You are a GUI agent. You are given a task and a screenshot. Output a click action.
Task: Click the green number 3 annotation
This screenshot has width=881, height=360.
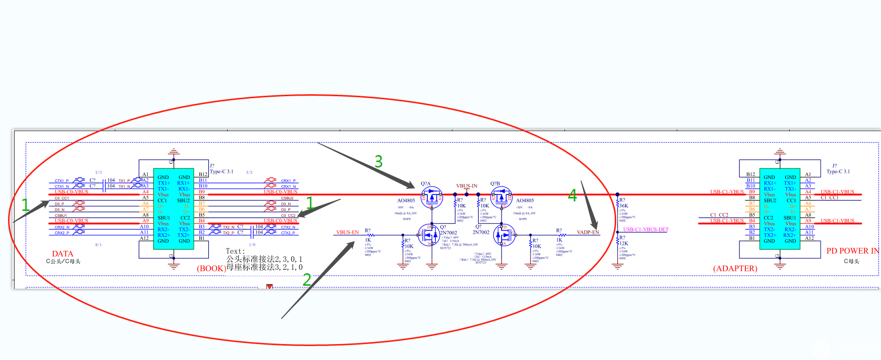[378, 161]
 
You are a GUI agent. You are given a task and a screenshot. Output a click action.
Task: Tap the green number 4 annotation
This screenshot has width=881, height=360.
[572, 195]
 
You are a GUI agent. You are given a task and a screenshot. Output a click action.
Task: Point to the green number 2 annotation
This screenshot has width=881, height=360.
[307, 279]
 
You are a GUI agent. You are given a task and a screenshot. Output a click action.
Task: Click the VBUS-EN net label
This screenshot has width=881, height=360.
[347, 232]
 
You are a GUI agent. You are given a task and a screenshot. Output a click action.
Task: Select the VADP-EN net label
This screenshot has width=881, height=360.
[588, 232]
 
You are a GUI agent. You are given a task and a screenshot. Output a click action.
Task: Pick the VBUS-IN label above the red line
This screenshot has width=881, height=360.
[467, 186]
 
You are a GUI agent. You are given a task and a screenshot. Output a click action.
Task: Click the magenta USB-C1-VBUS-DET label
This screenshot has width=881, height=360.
[646, 229]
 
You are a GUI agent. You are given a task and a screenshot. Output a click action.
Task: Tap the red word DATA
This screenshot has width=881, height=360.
[62, 254]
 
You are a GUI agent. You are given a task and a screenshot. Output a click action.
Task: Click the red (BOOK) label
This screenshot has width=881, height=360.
[211, 268]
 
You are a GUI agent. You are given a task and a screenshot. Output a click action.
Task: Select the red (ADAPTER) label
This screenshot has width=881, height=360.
[735, 268]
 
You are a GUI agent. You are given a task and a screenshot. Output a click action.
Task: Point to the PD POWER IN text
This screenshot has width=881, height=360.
[852, 251]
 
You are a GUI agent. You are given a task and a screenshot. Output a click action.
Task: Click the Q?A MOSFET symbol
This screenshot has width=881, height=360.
[432, 197]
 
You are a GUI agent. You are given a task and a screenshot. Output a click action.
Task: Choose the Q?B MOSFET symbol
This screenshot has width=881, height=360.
[501, 197]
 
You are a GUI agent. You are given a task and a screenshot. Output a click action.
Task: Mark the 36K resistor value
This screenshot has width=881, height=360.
[624, 205]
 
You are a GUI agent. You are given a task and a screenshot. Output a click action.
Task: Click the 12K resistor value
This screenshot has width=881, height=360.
[624, 243]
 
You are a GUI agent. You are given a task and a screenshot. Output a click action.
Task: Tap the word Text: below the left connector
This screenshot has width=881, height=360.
[235, 251]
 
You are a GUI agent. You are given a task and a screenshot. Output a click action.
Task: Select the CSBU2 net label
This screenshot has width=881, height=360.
[287, 198]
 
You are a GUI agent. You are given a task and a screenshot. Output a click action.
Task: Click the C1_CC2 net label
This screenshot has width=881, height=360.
[719, 215]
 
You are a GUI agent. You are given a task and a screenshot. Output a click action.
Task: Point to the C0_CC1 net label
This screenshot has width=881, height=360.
[62, 198]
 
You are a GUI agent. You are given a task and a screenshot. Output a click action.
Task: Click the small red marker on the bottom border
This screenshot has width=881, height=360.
[270, 287]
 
